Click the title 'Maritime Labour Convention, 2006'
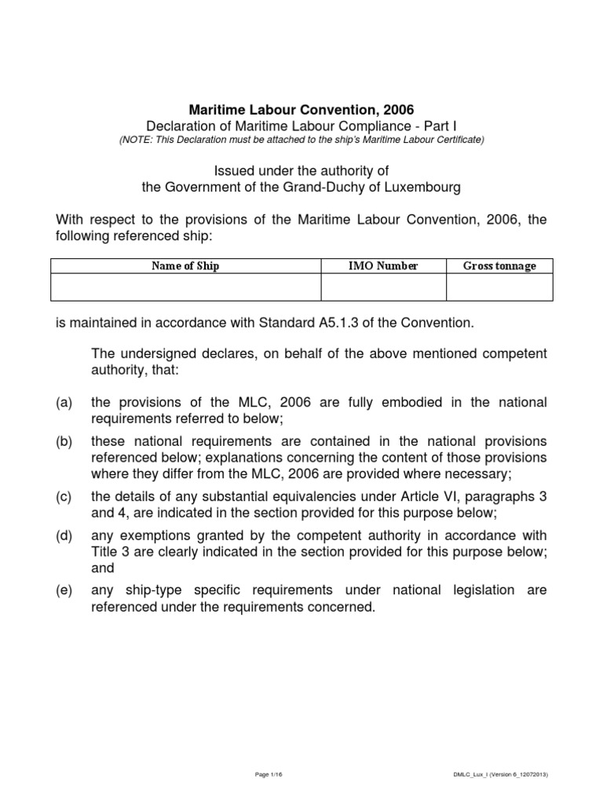tap(301, 109)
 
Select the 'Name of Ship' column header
tap(185, 266)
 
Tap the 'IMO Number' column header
tap(383, 266)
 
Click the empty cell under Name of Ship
tap(185, 287)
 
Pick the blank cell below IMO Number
tap(383, 287)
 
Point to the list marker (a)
tap(64, 403)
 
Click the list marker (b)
tap(64, 441)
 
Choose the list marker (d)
tap(64, 536)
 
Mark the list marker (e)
tap(64, 590)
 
